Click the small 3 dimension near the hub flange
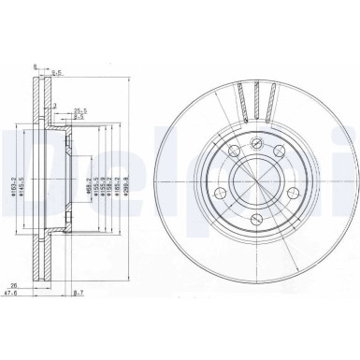pos(55,106)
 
